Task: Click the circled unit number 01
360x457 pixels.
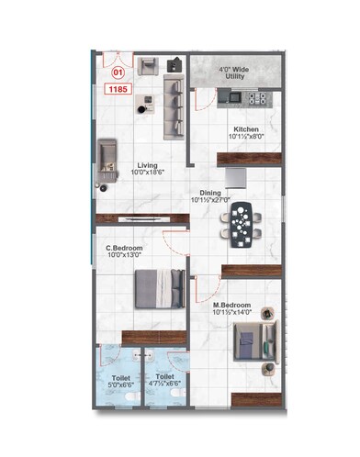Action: pos(117,71)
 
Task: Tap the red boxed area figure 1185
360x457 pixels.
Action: pos(118,89)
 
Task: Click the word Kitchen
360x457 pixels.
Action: pos(245,129)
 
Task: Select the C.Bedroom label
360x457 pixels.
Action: pos(123,248)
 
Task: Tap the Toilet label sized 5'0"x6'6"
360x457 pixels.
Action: pos(121,377)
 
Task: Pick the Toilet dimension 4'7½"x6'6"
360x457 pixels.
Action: pos(164,385)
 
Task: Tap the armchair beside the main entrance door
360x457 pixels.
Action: pos(147,66)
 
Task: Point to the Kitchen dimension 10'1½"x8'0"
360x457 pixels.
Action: pos(245,138)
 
